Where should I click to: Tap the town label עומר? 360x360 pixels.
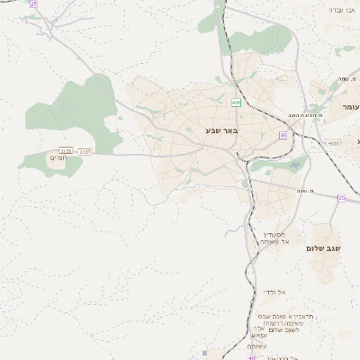[x=349, y=107]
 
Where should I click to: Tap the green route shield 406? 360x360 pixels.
[x=236, y=103]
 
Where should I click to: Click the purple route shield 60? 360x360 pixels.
[x=283, y=135]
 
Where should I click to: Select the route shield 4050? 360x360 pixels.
[x=334, y=142]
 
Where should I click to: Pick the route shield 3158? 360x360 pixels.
[x=65, y=151]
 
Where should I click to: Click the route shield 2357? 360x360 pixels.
[x=84, y=151]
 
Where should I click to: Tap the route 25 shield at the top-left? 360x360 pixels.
[x=33, y=4]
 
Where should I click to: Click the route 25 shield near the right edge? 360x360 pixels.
[x=342, y=198]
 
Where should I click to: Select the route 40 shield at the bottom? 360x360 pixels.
[x=251, y=356]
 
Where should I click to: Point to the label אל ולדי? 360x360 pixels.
[x=274, y=292]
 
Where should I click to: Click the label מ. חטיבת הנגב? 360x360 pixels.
[x=292, y=115]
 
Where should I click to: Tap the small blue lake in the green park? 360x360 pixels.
[x=296, y=165]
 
